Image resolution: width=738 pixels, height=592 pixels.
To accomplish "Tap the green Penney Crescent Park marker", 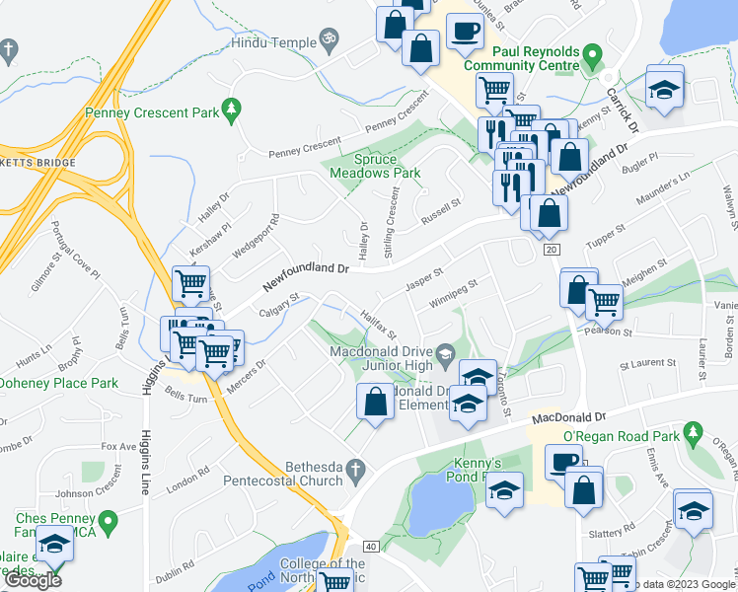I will pos(233,108).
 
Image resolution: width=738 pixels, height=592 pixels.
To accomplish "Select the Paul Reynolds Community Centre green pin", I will pos(592,51).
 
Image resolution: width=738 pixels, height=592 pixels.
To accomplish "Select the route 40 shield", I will pos(371,546).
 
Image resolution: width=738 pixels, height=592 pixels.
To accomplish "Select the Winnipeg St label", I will pos(447,295).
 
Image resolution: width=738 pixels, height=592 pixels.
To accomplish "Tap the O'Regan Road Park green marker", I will pos(694,432).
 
